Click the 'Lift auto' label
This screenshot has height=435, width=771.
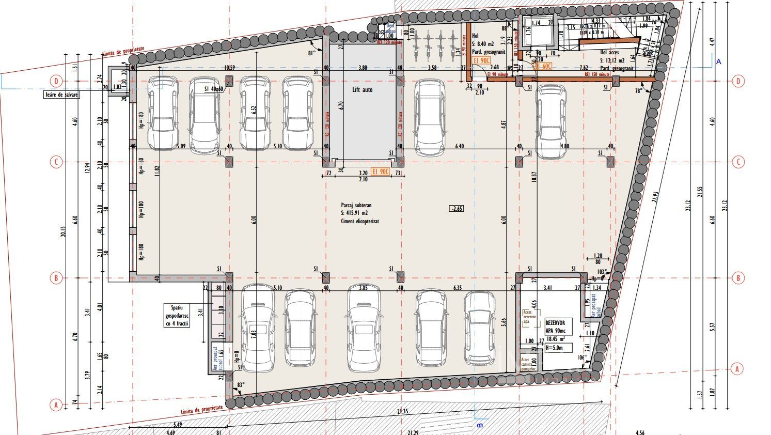pyautogui.click(x=364, y=90)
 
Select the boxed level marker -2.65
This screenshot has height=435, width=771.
pyautogui.click(x=457, y=209)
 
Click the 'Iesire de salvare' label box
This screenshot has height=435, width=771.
pyautogui.click(x=61, y=95)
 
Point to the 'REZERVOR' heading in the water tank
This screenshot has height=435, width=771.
pyautogui.click(x=555, y=323)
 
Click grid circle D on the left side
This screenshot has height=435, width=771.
pyautogui.click(x=56, y=81)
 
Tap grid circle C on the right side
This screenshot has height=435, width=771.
pyautogui.click(x=738, y=162)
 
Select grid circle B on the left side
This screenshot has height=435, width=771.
pyautogui.click(x=56, y=278)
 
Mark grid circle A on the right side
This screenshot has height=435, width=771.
pyautogui.click(x=737, y=369)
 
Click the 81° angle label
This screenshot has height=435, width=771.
pyautogui.click(x=312, y=53)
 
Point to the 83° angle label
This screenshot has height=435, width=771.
pyautogui.click(x=241, y=385)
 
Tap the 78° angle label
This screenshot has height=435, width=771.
pyautogui.click(x=639, y=91)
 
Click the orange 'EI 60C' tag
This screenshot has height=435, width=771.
pyautogui.click(x=543, y=66)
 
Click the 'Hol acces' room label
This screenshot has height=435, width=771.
pyautogui.click(x=610, y=52)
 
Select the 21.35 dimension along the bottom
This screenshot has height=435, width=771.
pyautogui.click(x=402, y=411)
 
